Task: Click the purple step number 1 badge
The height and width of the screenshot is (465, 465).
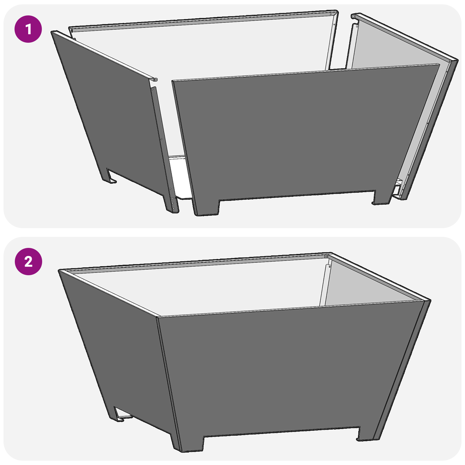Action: pyautogui.click(x=28, y=29)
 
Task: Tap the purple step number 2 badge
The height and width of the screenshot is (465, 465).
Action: pyautogui.click(x=28, y=262)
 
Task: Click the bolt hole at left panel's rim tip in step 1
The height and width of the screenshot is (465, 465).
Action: pyautogui.click(x=155, y=80)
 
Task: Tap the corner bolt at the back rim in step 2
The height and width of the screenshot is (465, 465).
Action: pyautogui.click(x=326, y=256)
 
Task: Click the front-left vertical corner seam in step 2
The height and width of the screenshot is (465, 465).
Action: pyautogui.click(x=166, y=378)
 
